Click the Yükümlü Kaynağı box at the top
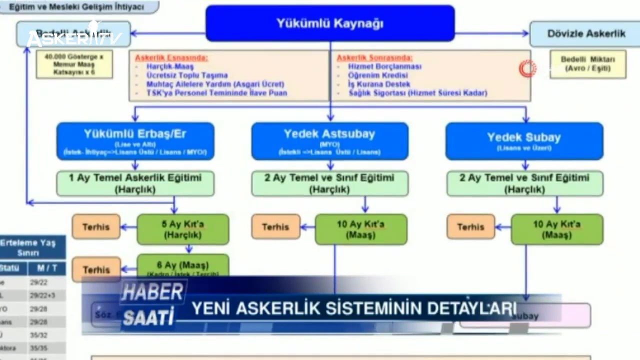point(330,23)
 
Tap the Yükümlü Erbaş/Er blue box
point(135,141)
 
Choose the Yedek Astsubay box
point(329,141)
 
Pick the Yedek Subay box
point(524,141)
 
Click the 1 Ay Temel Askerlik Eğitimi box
point(135,183)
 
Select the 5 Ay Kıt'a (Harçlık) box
point(182,229)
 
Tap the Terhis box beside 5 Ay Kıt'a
point(96,226)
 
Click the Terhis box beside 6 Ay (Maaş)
point(96,269)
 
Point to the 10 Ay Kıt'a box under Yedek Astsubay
point(361,229)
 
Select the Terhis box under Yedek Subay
point(470,226)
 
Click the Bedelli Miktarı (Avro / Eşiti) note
point(587,64)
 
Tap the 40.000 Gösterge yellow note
point(74,64)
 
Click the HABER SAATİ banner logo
point(152,304)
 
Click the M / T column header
point(46,268)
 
